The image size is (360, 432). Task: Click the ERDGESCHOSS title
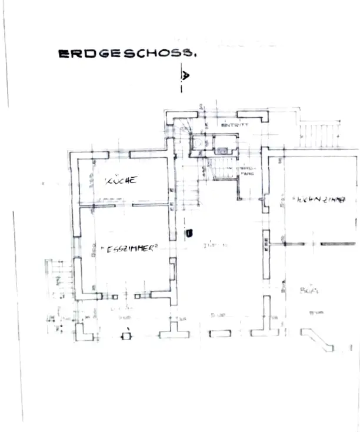coord(126,54)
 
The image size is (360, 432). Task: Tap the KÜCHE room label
coord(122,180)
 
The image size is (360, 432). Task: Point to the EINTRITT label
coord(235,125)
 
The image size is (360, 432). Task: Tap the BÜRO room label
coord(305,290)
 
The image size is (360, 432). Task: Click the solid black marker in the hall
coord(189,233)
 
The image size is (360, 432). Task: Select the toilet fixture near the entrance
coord(199,142)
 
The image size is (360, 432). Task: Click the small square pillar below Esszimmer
coord(125,337)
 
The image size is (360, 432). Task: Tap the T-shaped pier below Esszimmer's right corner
coord(174,330)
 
